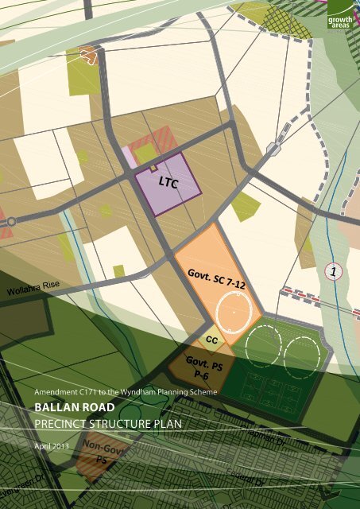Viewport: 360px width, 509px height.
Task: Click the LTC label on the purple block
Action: click(168, 184)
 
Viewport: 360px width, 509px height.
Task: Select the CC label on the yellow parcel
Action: click(212, 340)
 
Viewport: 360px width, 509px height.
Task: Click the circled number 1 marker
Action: click(335, 271)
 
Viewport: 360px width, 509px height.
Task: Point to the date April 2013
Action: click(52, 446)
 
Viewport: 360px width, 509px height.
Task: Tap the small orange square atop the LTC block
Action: click(153, 169)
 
